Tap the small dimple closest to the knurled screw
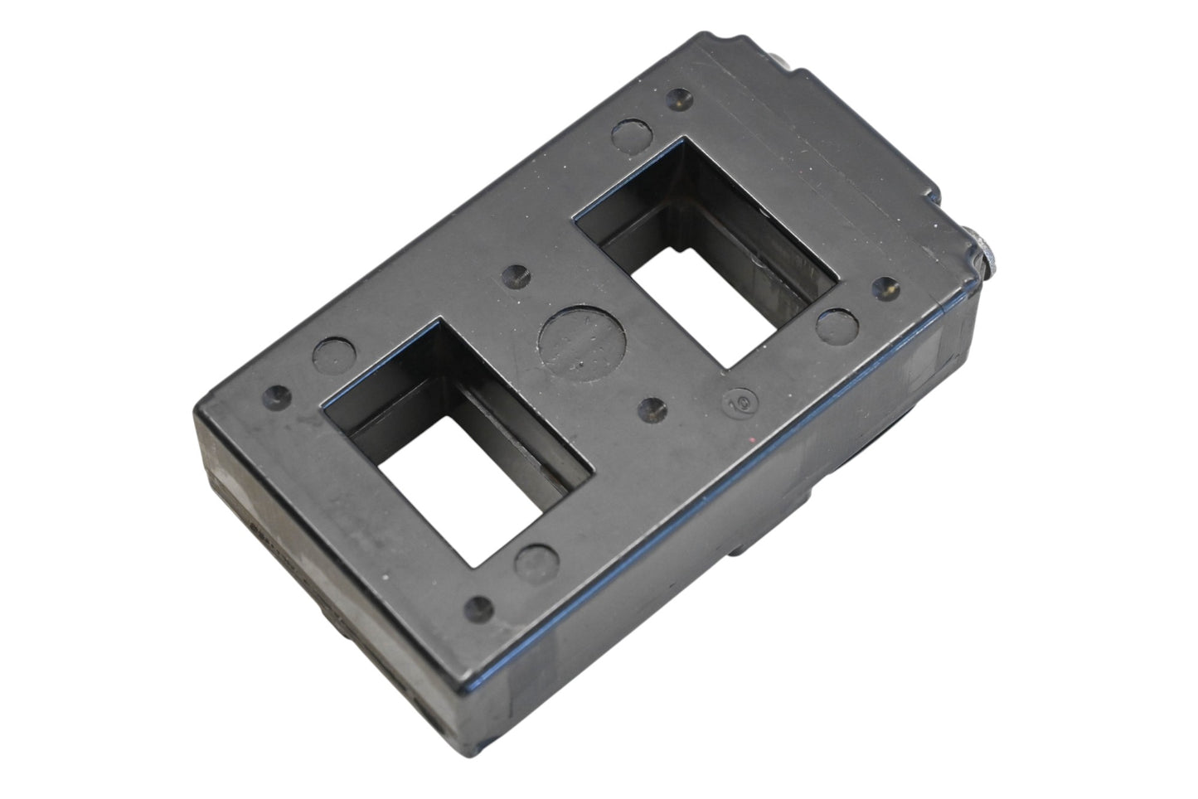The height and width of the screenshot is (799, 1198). (888, 288)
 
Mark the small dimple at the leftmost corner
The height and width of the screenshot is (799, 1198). (276, 392)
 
